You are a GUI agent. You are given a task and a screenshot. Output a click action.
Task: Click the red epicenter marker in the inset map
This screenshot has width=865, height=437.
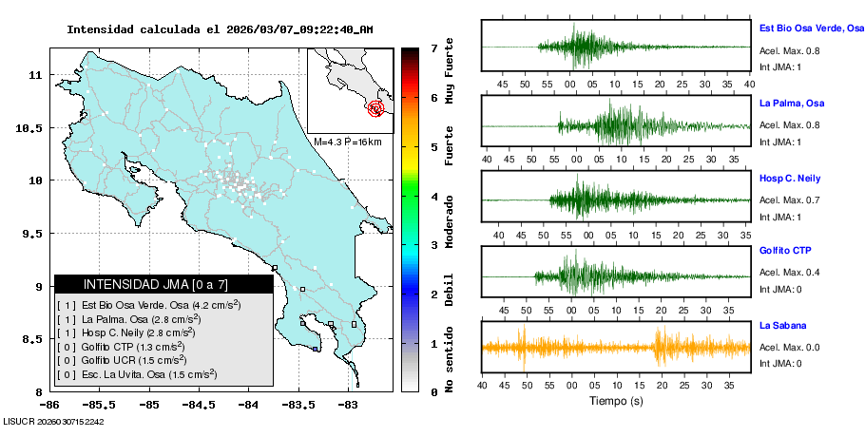pos(376,108)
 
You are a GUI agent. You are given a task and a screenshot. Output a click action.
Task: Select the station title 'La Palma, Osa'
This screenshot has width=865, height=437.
pos(791,103)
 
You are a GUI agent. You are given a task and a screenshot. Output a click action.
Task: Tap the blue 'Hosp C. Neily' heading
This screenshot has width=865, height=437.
pos(790,178)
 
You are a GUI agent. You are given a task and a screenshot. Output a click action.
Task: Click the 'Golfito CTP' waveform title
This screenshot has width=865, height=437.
pos(785,251)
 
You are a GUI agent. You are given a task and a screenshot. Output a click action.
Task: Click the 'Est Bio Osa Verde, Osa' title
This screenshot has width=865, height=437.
pos(811,29)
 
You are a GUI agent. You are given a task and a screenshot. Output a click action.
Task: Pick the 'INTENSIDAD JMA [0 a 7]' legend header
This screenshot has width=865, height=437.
pos(163,284)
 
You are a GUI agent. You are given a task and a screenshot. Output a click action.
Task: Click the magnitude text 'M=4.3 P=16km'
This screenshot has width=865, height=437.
pos(347,142)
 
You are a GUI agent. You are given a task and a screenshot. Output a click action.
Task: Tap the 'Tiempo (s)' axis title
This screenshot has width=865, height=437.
pos(616,402)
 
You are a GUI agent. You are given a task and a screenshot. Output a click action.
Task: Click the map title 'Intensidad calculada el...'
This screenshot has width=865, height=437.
pos(220,29)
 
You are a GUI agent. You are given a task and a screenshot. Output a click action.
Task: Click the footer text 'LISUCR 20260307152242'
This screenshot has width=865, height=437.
pos(53,421)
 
